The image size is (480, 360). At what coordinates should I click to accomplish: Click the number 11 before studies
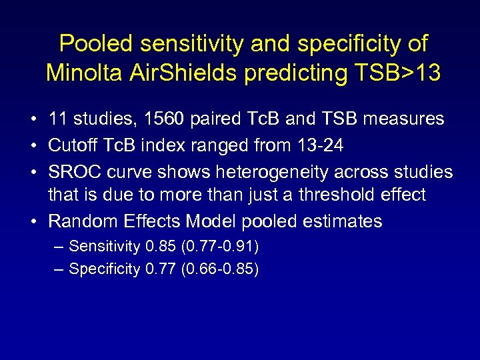pyautogui.click(x=58, y=119)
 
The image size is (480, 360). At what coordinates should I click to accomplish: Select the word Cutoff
pyautogui.click(x=72, y=145)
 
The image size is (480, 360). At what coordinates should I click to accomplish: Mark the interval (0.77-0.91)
pyautogui.click(x=220, y=247)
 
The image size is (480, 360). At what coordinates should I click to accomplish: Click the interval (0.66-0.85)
pyautogui.click(x=220, y=269)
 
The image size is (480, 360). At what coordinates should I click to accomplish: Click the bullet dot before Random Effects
pyautogui.click(x=33, y=221)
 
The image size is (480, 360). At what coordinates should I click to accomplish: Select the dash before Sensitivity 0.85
pyautogui.click(x=59, y=247)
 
